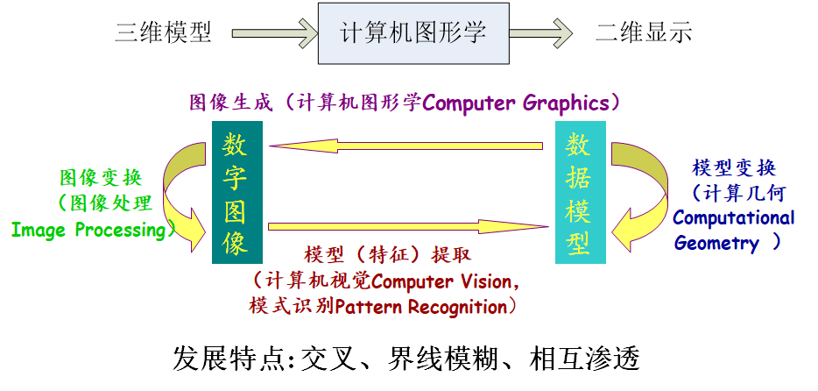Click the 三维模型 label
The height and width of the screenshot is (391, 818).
click(x=164, y=33)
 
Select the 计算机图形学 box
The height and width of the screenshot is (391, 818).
click(x=413, y=33)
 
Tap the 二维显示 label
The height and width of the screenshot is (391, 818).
click(x=644, y=33)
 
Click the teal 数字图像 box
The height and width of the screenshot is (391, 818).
click(x=236, y=194)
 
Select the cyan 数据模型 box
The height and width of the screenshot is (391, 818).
click(x=580, y=194)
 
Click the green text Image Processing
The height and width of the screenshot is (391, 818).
click(x=88, y=231)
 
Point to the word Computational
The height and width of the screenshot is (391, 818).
click(x=734, y=218)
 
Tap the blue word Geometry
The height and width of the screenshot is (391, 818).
click(x=716, y=243)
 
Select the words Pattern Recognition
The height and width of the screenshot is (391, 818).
click(x=420, y=307)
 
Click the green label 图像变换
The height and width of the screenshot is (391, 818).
click(x=101, y=178)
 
